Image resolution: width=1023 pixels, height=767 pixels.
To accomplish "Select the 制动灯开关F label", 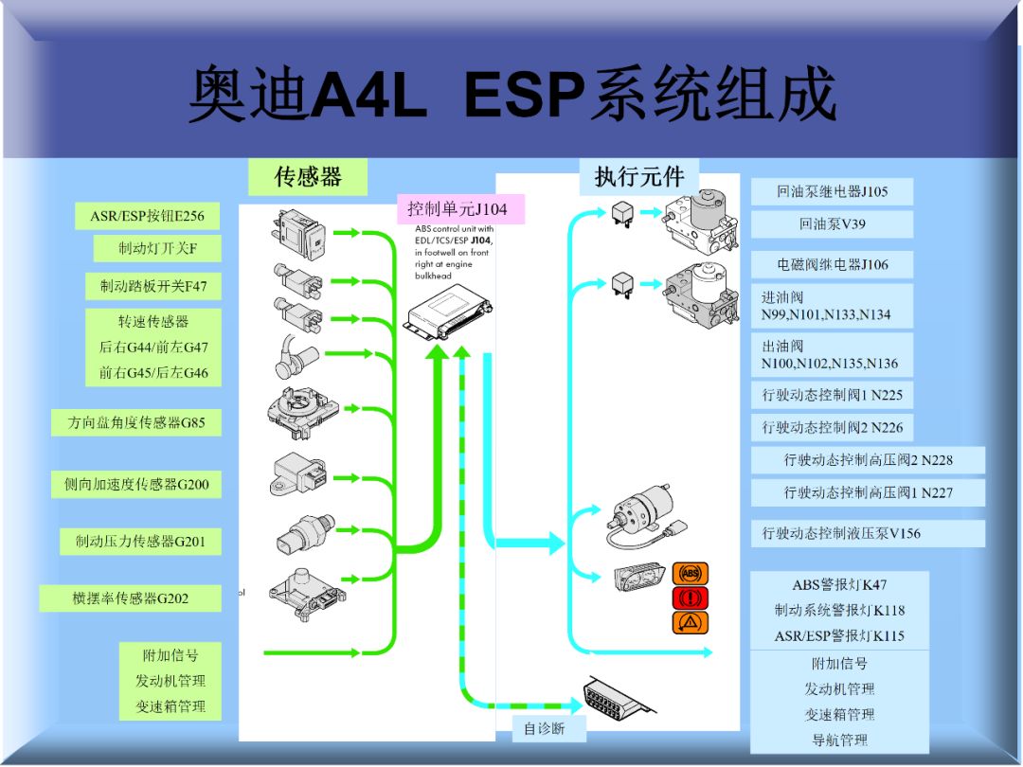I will pos(157,249).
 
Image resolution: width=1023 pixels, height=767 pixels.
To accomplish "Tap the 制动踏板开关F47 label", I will pos(153,285).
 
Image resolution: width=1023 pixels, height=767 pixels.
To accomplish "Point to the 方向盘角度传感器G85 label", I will pos(136,422).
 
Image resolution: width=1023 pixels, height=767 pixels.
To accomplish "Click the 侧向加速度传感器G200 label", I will pos(136,484).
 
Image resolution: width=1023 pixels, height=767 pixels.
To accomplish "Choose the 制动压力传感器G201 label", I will pos(140,541).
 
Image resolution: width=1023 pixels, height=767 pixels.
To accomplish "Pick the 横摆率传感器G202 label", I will pos(131,598).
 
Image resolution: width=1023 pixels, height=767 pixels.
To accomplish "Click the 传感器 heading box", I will pos(308,176).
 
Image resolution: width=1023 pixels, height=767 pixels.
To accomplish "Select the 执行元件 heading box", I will pos(638,176).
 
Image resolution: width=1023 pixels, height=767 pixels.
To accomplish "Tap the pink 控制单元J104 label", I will pos(458,208).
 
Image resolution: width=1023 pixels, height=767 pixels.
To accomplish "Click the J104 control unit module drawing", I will pos(448,313).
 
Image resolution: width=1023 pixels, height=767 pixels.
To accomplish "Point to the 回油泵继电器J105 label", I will pos(832,191).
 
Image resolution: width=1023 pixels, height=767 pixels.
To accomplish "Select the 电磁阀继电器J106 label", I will pos(832,264).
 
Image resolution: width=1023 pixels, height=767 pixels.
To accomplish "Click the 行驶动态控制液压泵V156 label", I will pos(867,533).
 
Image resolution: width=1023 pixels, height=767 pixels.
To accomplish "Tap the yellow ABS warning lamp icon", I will pos(691,573).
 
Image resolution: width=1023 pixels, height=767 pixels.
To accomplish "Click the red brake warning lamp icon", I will pos(691,598).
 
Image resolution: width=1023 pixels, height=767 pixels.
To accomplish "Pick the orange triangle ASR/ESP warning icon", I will pos(691,622).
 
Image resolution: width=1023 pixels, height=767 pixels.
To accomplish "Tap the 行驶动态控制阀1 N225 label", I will pos(832,395).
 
